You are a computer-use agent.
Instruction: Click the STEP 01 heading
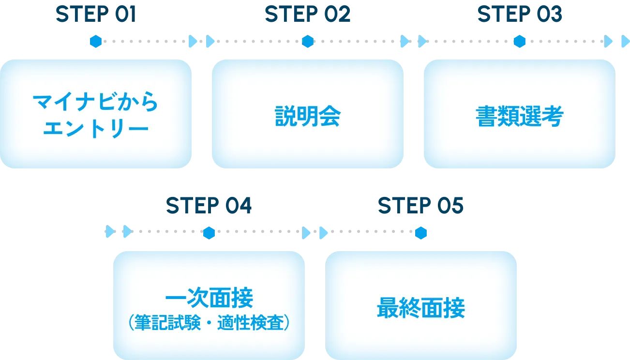pyautogui.click(x=95, y=15)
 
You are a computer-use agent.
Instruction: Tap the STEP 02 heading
pyautogui.click(x=307, y=15)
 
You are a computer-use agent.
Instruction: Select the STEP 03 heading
pyautogui.click(x=519, y=15)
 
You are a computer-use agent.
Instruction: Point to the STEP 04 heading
pyautogui.click(x=209, y=207)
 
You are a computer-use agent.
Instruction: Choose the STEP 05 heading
pyautogui.click(x=420, y=207)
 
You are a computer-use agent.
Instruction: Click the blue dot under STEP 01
pyautogui.click(x=96, y=42)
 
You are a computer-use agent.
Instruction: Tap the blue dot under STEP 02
pyautogui.click(x=308, y=42)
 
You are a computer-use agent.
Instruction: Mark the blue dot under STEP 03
pyautogui.click(x=519, y=42)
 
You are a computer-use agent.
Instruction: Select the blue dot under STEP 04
pyautogui.click(x=209, y=234)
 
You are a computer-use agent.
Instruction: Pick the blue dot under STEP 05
pyautogui.click(x=421, y=234)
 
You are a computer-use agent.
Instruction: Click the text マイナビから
pyautogui.click(x=95, y=103)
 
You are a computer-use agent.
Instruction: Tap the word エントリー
pyautogui.click(x=95, y=129)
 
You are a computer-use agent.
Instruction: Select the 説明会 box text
pyautogui.click(x=308, y=116)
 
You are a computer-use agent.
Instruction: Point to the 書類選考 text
pyautogui.click(x=520, y=116)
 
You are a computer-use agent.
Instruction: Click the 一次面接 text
pyautogui.click(x=209, y=298)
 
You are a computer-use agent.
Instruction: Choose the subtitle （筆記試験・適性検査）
pyautogui.click(x=209, y=322)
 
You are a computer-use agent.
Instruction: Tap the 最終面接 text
pyautogui.click(x=421, y=308)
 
